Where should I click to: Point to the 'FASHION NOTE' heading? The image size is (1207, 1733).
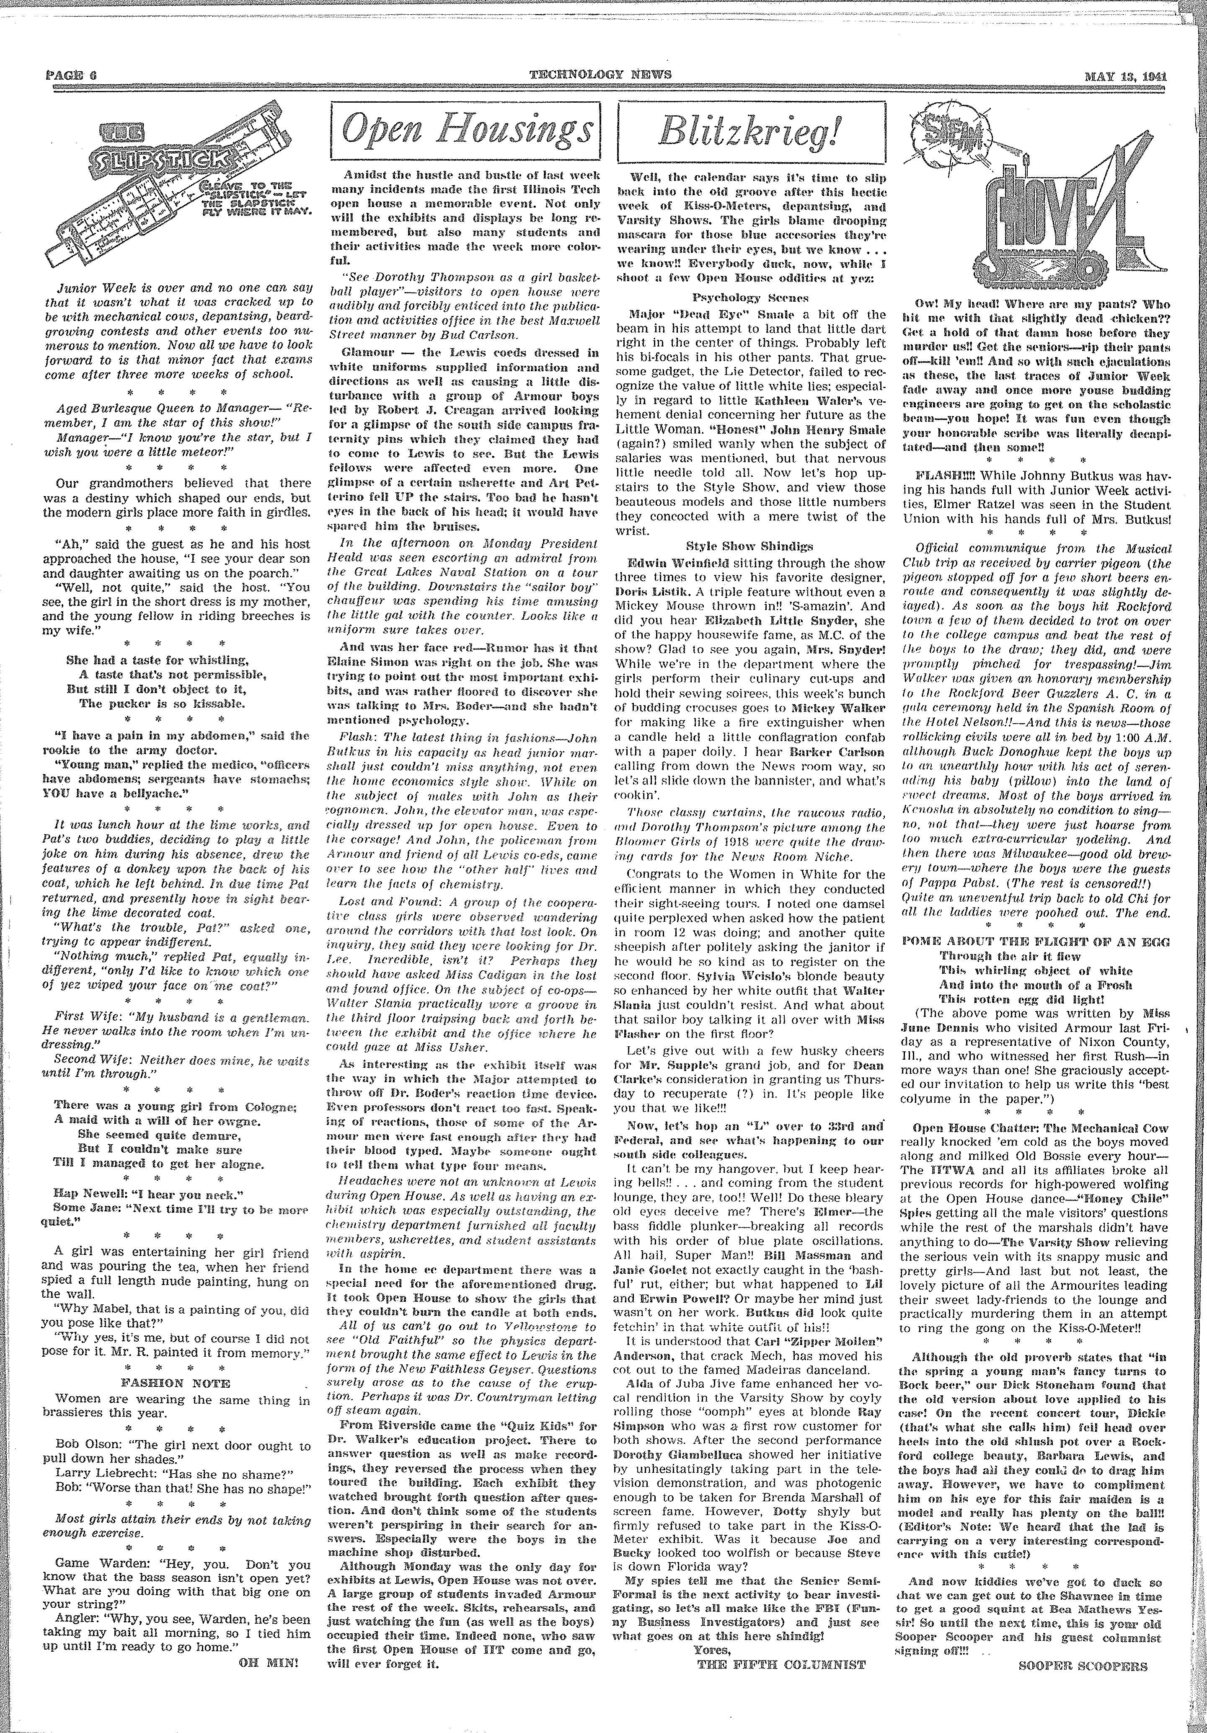[176, 1384]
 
